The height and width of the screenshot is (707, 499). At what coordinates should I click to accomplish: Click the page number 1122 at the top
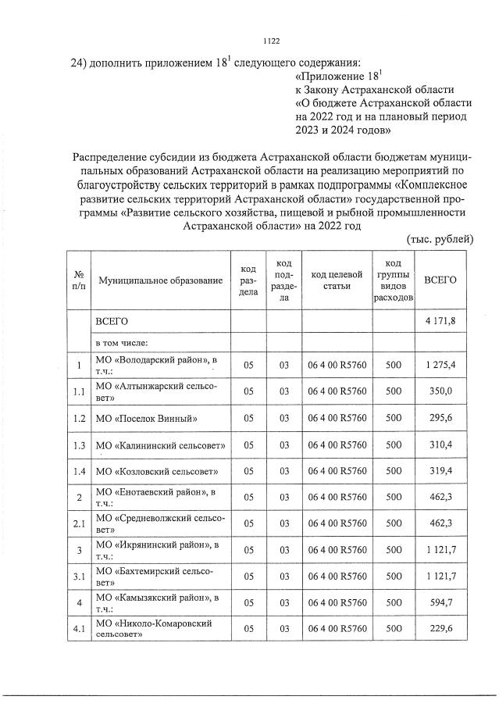click(x=272, y=41)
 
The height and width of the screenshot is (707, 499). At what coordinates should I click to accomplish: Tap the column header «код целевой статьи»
click(x=337, y=280)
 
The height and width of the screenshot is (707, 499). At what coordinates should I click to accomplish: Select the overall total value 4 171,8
click(x=440, y=321)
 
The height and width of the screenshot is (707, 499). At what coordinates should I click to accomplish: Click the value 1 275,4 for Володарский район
click(x=440, y=365)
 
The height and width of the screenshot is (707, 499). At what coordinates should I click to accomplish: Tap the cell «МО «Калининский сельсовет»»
click(x=160, y=445)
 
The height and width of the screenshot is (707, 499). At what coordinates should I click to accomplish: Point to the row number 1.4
click(x=79, y=472)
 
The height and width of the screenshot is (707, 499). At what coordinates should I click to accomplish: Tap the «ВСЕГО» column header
click(x=440, y=280)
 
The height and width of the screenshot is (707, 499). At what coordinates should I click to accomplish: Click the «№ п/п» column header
click(x=79, y=280)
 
